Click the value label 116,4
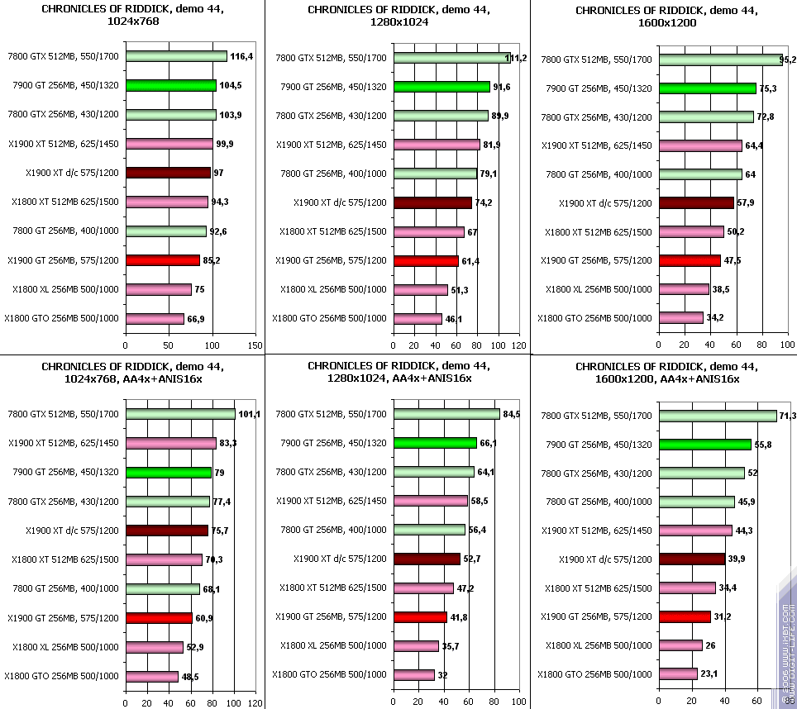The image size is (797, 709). (x=242, y=57)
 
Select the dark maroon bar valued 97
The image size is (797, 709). (x=168, y=173)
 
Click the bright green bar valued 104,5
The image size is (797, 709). (x=171, y=85)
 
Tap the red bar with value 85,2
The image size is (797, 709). (x=163, y=260)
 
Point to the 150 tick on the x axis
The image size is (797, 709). (x=255, y=346)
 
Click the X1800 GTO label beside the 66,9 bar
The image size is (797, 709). (x=61, y=318)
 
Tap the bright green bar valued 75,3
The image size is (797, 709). (x=708, y=88)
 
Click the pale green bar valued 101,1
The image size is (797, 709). (x=180, y=414)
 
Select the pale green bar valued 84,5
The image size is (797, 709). (x=447, y=414)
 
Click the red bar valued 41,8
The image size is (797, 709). (x=421, y=617)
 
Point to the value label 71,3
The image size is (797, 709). (x=789, y=416)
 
